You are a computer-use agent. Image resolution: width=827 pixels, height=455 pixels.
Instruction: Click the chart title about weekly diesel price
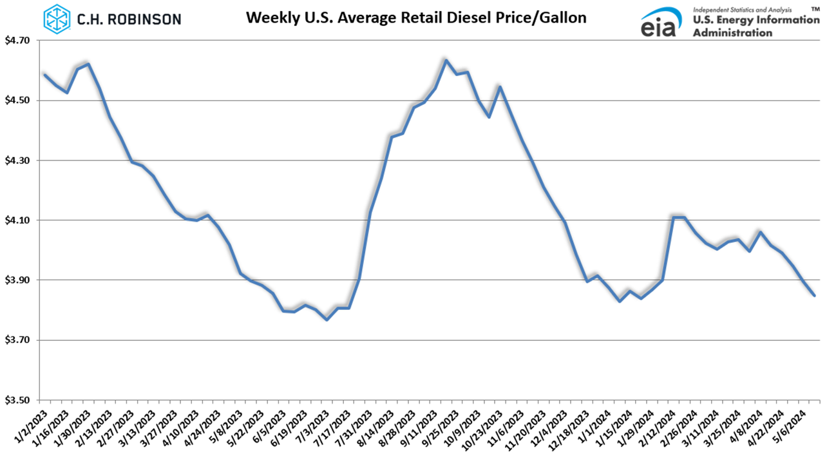click(416, 17)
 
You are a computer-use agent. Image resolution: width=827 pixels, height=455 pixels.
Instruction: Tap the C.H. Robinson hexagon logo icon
click(57, 19)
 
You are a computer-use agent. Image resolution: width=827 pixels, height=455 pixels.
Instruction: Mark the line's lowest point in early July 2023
click(327, 320)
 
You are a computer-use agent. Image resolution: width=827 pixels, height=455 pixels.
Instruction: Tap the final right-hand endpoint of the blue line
click(815, 295)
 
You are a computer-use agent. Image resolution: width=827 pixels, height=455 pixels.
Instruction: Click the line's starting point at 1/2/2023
click(44, 74)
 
